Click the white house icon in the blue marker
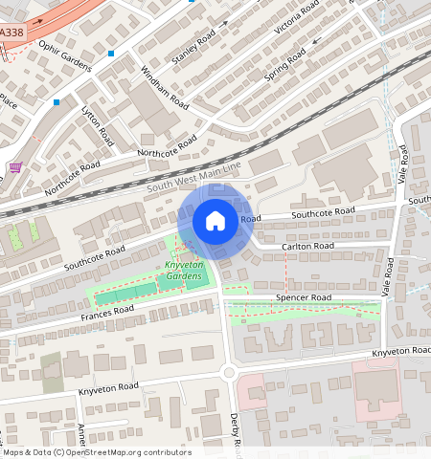tap(215, 221)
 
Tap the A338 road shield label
tap(11, 33)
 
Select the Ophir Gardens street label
tap(64, 55)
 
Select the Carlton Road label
tap(307, 246)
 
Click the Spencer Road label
tap(303, 298)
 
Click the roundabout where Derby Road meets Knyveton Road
tap(229, 372)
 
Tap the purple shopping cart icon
tap(14, 168)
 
